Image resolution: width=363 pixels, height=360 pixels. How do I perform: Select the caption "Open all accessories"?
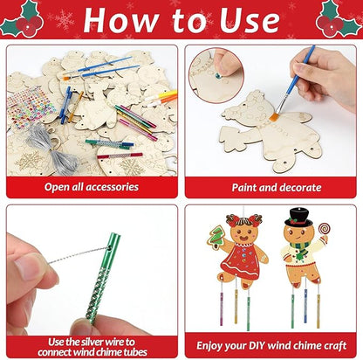coord(92,187)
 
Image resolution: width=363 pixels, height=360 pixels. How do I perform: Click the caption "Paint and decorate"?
coord(271,187)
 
